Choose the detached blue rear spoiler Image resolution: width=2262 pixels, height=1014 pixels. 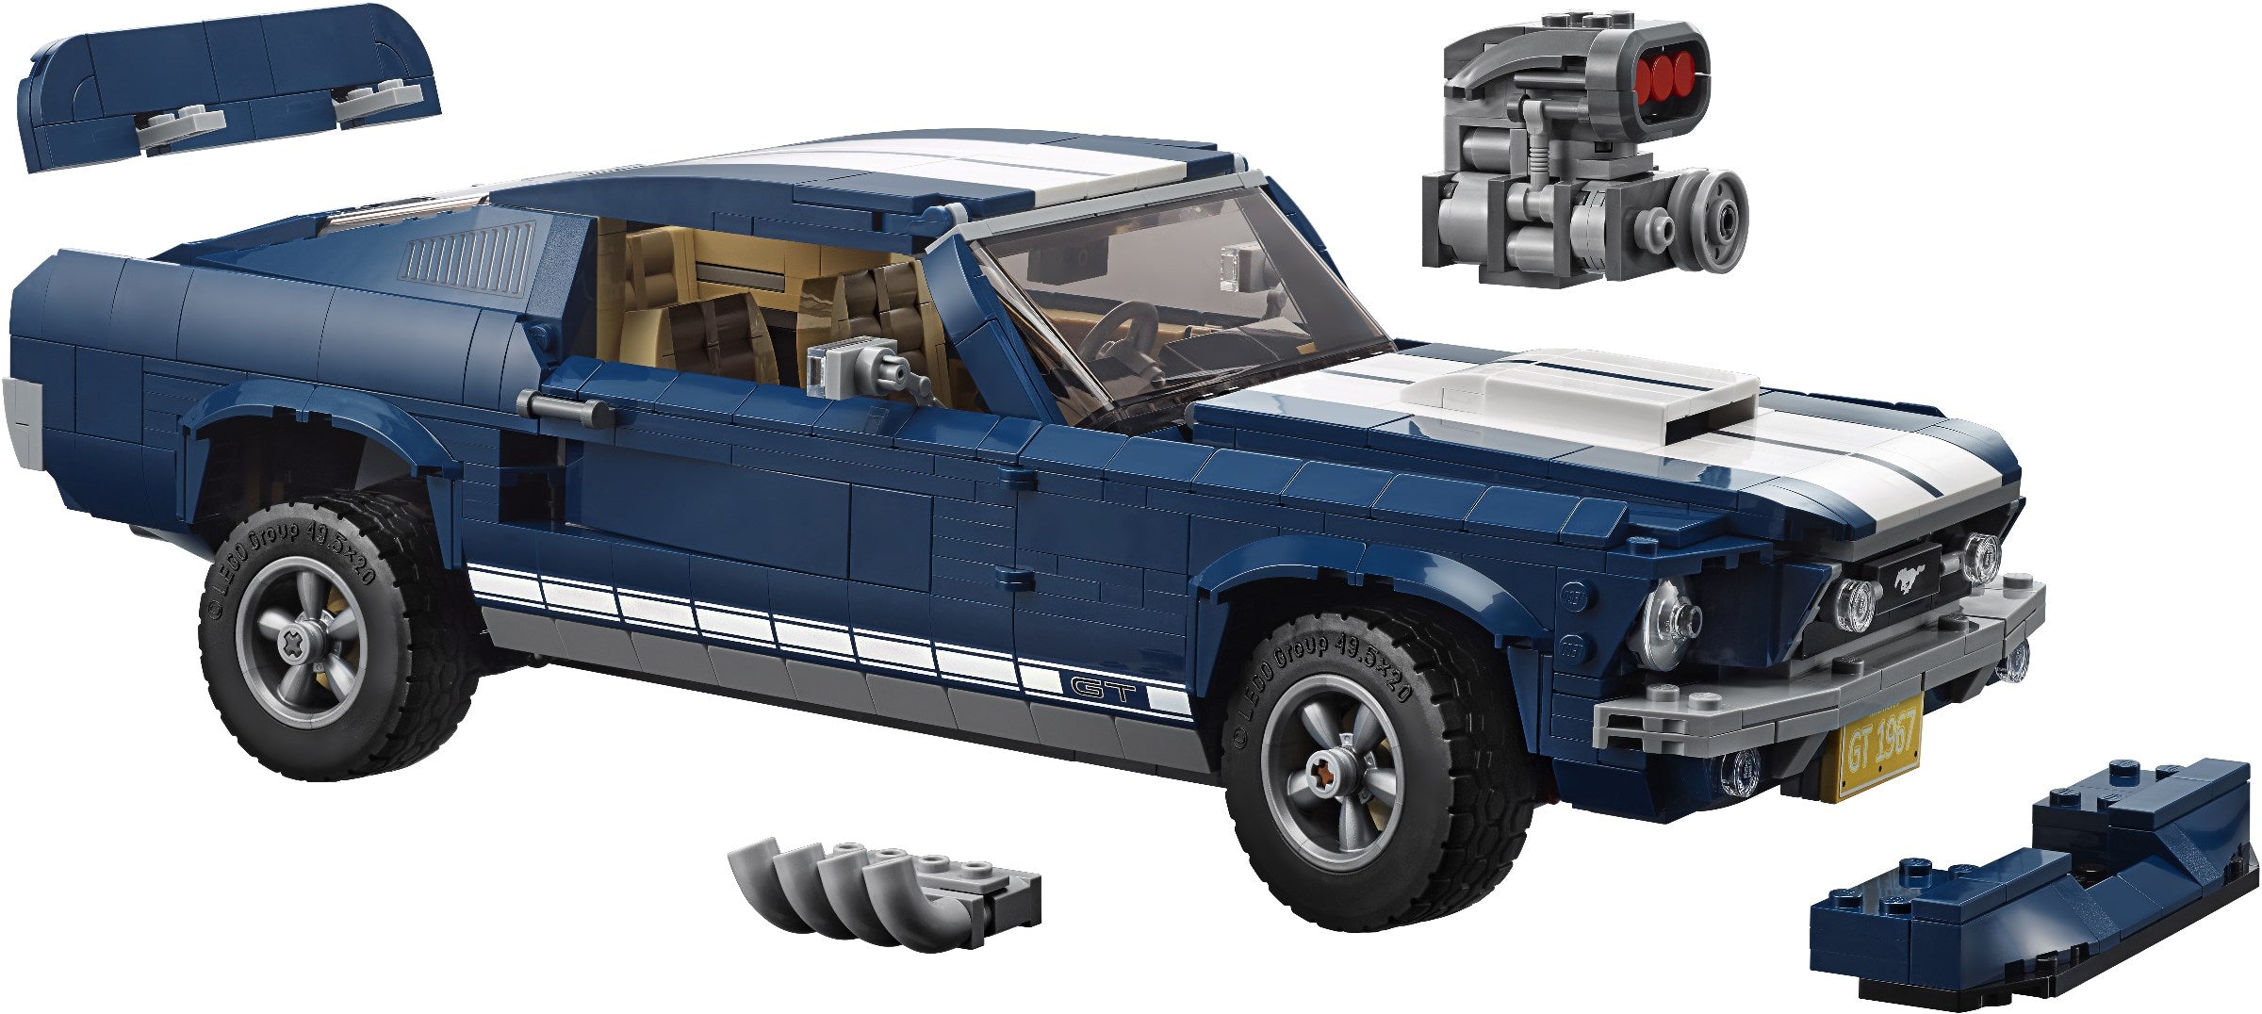226,85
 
